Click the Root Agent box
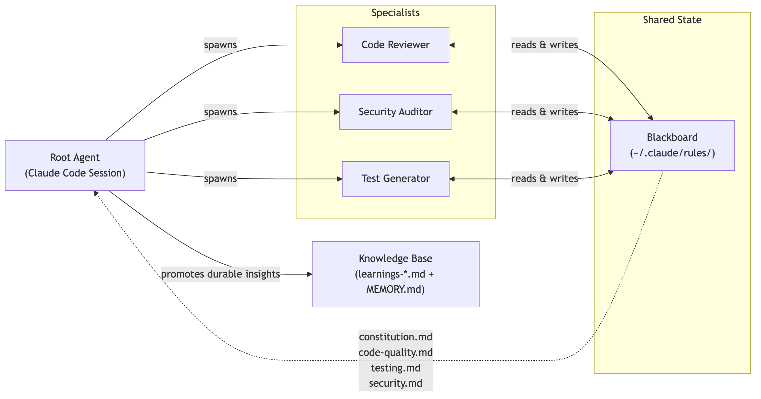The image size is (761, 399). [75, 165]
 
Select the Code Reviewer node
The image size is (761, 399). [395, 45]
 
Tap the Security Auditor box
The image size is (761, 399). [395, 112]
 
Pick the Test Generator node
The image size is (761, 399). [395, 179]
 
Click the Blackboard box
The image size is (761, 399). [672, 145]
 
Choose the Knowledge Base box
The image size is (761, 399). [395, 274]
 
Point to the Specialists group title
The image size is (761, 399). [395, 13]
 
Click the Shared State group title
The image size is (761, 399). [672, 20]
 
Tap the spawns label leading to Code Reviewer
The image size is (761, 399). [220, 45]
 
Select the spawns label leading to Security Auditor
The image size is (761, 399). [220, 112]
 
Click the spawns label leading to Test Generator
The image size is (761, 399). [220, 179]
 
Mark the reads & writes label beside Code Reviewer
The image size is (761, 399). [544, 45]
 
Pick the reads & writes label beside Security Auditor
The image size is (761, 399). [544, 112]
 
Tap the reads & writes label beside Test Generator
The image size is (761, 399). [544, 179]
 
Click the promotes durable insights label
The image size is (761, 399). [220, 274]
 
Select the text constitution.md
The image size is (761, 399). [395, 337]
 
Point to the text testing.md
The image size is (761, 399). [395, 368]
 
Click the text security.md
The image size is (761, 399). [395, 383]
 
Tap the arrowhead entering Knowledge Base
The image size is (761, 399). [310, 274]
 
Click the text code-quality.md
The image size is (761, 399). [395, 353]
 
